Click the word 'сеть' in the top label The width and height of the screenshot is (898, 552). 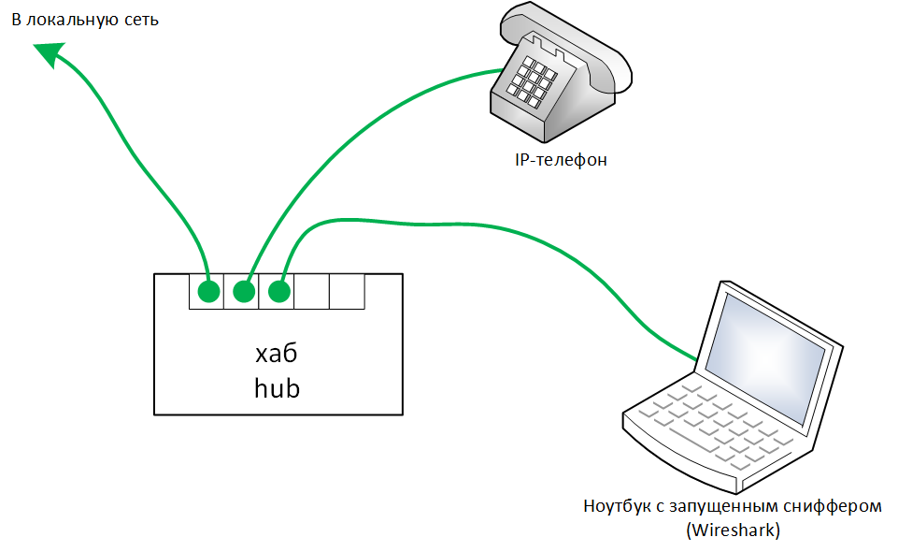[139, 20]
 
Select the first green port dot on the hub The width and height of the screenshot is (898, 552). [208, 292]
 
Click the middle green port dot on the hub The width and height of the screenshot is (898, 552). [244, 292]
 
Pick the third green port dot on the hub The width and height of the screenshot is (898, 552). [278, 292]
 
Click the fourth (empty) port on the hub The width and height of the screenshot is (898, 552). [312, 291]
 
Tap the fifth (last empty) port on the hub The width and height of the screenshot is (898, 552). [347, 291]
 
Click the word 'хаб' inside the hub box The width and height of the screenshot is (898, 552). [278, 355]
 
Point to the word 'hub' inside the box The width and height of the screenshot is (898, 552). [278, 388]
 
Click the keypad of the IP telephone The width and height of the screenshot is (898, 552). [532, 79]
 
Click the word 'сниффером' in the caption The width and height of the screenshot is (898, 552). [832, 507]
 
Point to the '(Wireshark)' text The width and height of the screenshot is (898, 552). [733, 530]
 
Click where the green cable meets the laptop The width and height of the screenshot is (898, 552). [697, 358]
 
